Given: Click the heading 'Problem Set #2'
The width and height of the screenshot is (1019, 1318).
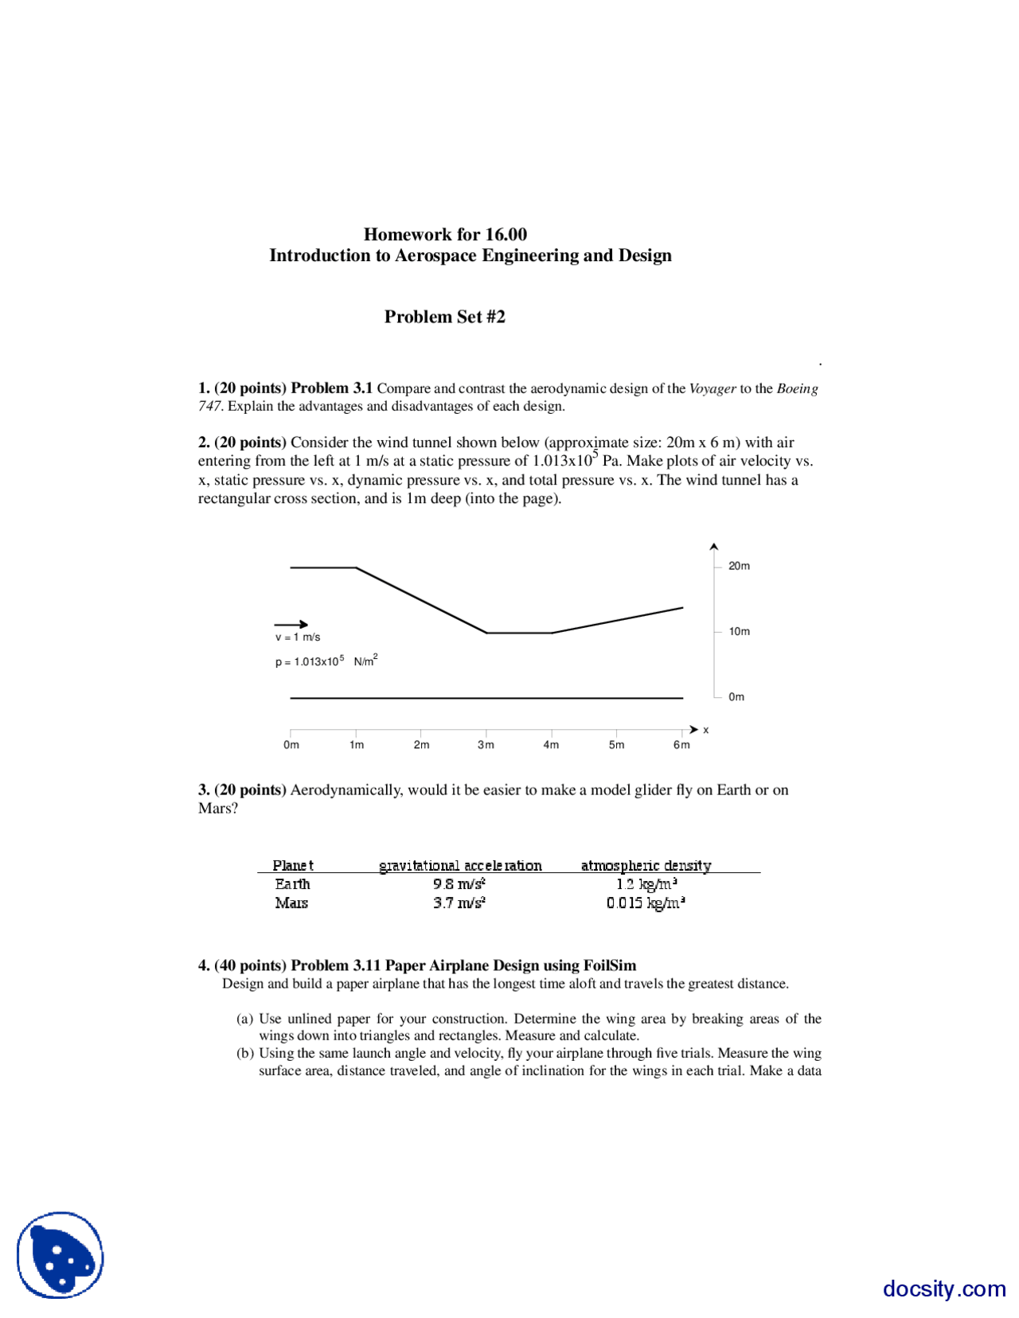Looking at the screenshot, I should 444,317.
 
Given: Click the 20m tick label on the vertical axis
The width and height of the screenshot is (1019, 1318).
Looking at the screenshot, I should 739,566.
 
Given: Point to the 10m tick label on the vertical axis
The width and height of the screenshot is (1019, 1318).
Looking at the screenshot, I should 739,631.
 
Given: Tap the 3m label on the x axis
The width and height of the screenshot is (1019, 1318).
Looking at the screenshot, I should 486,745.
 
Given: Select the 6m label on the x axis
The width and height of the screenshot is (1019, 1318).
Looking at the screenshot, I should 681,745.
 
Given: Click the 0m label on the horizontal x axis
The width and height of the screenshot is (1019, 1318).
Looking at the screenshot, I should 291,745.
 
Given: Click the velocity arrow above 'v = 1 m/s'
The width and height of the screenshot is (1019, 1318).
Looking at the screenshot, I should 291,624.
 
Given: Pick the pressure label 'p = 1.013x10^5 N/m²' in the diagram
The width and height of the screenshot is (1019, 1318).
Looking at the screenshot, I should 326,661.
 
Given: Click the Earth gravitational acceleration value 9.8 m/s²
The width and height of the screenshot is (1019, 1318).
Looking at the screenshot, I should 459,883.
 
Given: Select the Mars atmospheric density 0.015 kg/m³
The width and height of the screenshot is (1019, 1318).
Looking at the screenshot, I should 646,903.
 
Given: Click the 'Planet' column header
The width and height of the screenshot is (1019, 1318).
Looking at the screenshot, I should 292,865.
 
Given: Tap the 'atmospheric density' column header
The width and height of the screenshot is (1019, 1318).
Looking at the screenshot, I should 646,865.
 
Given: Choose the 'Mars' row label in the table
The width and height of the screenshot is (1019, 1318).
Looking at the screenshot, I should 291,903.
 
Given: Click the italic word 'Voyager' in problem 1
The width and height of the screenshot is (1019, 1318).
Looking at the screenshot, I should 712,388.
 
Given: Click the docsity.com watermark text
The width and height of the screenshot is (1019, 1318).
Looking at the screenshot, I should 944,1288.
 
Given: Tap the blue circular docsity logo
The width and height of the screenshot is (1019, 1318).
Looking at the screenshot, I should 61,1255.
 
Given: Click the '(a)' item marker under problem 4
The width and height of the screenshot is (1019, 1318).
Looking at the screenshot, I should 244,1019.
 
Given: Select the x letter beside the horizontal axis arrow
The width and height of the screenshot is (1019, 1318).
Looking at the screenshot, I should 705,730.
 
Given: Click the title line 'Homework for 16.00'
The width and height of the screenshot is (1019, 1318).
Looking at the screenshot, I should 445,235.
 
